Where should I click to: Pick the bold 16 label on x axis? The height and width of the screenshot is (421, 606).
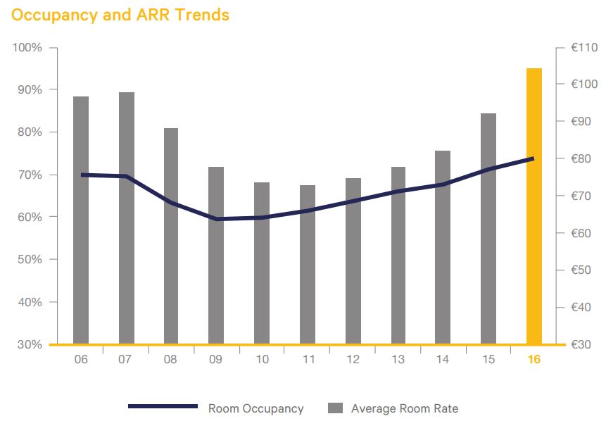[534, 360]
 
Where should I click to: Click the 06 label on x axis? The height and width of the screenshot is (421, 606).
[81, 360]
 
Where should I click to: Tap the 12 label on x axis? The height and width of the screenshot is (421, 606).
[353, 360]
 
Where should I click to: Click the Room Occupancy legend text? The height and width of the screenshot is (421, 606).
[255, 408]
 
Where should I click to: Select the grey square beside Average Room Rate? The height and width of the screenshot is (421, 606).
[336, 408]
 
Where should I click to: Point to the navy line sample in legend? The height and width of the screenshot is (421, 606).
[163, 407]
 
